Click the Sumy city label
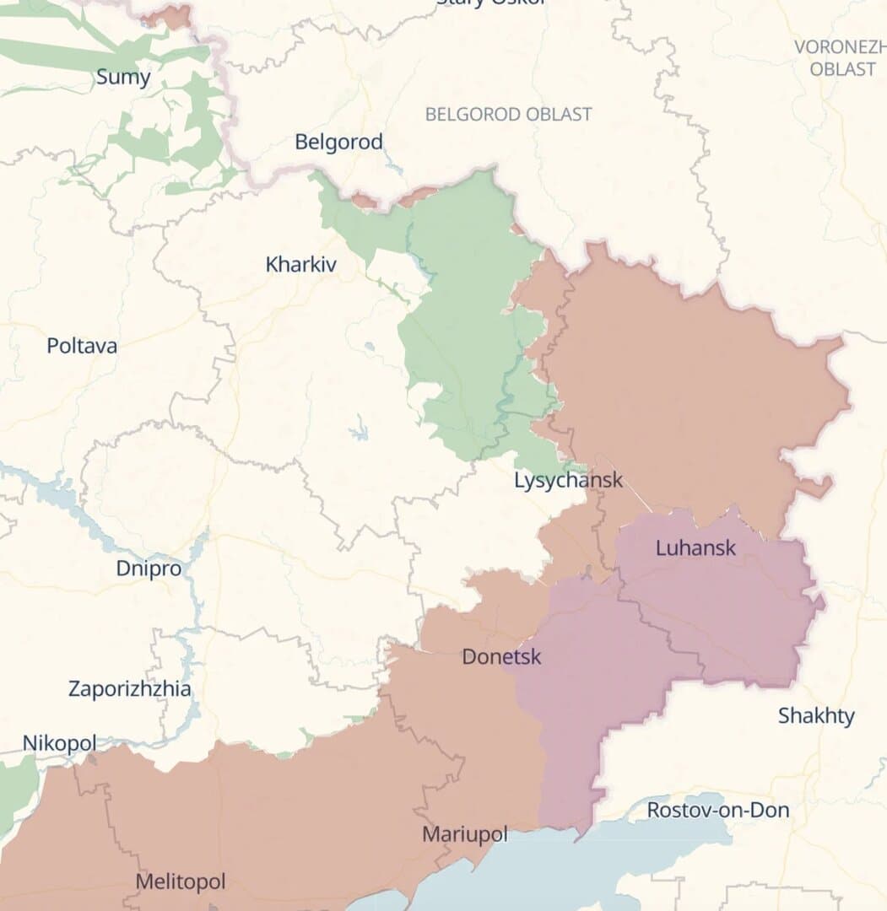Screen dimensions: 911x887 123,78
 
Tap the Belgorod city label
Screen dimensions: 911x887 338,142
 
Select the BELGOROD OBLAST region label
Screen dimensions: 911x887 508,114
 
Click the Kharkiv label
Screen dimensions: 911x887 300,264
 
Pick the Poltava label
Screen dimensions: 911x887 82,346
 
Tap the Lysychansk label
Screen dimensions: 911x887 568,480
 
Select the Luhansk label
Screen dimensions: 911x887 695,547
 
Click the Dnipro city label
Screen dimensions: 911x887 149,569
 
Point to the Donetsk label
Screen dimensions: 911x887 501,656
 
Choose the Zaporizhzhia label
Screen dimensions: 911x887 129,689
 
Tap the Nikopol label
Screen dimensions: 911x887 59,743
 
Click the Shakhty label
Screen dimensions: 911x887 816,716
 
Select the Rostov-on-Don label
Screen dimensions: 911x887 718,811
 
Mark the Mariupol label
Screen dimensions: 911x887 465,834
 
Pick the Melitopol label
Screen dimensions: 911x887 181,881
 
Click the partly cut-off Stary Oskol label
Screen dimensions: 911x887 490,3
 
